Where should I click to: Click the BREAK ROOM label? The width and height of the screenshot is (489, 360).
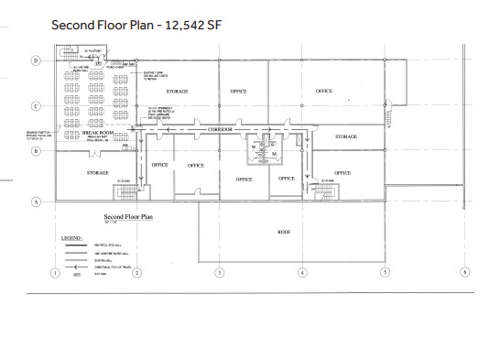96,134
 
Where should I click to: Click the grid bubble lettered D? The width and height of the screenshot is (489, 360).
36,61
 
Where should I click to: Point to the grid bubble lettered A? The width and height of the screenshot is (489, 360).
36,201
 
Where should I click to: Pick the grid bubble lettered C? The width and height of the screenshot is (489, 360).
36,106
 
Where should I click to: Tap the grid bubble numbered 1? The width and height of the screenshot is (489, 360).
55,272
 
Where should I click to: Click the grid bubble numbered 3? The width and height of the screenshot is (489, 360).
219,272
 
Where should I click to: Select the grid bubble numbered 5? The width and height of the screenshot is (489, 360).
385,272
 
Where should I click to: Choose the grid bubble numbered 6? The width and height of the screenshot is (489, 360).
465,272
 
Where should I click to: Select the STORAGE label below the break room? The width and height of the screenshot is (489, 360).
98,172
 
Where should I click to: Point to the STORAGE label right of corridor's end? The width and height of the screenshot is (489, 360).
345,136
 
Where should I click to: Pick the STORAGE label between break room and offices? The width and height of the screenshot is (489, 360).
178,93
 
